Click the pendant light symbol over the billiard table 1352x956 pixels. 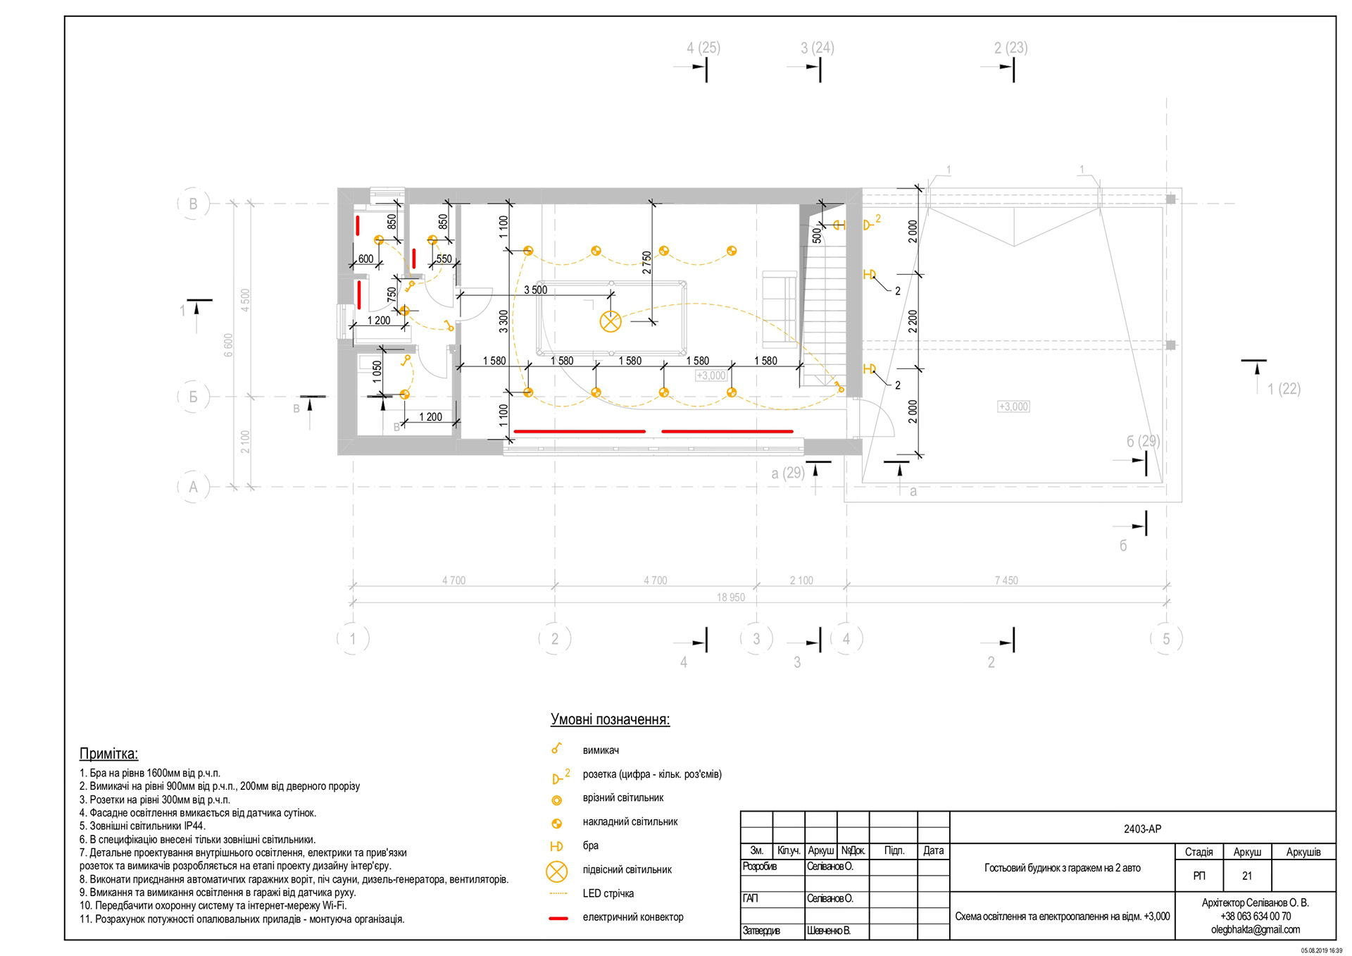[611, 322]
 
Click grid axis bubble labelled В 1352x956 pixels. [193, 204]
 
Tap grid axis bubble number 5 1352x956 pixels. [1166, 639]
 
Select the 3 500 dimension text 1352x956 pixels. [535, 290]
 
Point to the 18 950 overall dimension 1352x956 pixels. [730, 597]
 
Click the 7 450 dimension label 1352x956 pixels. [1006, 581]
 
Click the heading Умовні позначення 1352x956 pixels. [610, 719]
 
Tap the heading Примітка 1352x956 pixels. [108, 753]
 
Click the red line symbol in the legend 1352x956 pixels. [558, 918]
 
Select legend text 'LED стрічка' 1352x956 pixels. [608, 893]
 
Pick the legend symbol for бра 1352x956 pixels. [556, 846]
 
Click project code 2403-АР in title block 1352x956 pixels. [1142, 828]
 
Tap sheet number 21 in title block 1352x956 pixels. [1247, 876]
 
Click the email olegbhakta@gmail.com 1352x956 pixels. [1255, 929]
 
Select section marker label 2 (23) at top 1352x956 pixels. [1010, 48]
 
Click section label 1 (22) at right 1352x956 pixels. [1284, 389]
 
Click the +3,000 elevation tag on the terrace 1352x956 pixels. [1013, 406]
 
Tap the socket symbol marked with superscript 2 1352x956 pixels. [870, 225]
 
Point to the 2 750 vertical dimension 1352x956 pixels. [646, 262]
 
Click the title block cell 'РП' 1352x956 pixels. [1198, 876]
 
